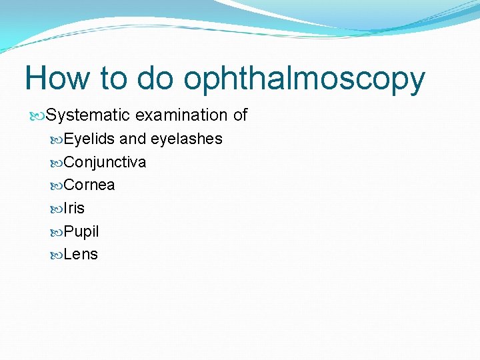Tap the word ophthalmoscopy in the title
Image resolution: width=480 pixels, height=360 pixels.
(x=304, y=80)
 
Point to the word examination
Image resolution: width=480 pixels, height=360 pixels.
(x=181, y=115)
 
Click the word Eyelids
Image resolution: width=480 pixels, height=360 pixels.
(x=89, y=139)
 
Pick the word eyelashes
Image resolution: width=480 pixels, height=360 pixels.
(x=187, y=139)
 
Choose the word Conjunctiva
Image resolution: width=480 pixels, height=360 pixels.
(x=105, y=163)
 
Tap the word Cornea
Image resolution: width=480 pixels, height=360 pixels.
(x=89, y=185)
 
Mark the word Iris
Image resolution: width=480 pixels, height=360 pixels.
(x=74, y=209)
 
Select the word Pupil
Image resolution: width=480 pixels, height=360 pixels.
(x=81, y=232)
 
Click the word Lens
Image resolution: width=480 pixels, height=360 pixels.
(x=81, y=255)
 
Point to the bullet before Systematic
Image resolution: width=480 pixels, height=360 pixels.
(x=39, y=116)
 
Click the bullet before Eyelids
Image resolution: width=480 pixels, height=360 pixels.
(x=57, y=140)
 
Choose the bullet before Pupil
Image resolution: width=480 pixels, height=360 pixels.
(x=57, y=232)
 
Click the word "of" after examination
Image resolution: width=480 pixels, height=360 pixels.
(x=240, y=115)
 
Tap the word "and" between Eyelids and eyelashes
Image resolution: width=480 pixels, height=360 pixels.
(x=133, y=139)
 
